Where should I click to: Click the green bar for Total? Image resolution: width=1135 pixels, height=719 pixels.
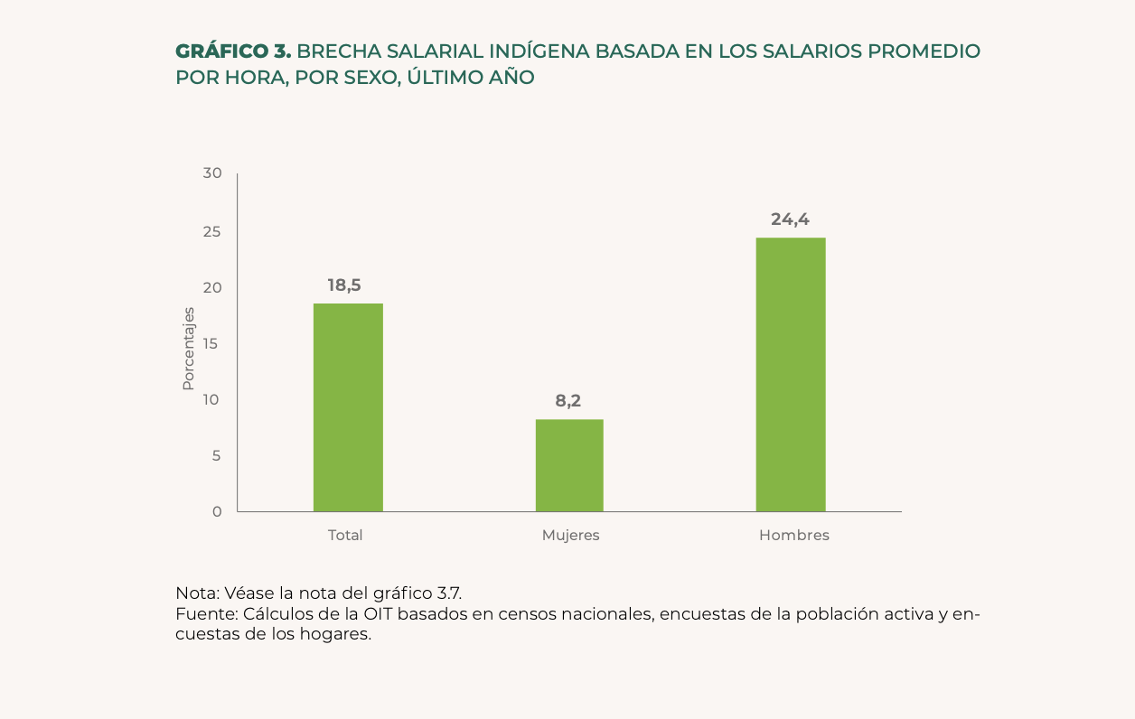(348, 407)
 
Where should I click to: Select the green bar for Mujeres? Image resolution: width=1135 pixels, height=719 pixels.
(569, 465)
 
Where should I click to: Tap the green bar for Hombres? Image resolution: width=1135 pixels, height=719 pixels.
(791, 375)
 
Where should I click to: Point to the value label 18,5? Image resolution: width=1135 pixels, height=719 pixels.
(344, 285)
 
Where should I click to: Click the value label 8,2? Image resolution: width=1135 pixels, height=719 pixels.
(567, 401)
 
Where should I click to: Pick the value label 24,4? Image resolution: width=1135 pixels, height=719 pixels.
(790, 219)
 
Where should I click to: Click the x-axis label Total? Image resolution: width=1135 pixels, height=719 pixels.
(345, 535)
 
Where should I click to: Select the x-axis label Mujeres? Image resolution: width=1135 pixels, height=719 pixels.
(570, 535)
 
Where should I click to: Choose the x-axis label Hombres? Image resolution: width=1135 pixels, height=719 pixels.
(793, 535)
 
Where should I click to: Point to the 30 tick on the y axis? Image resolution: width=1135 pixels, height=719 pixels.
(212, 173)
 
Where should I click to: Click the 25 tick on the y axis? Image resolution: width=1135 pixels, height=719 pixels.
(212, 231)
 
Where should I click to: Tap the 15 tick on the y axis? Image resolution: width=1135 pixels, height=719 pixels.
(212, 343)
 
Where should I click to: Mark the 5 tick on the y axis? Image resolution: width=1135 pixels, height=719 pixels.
(216, 455)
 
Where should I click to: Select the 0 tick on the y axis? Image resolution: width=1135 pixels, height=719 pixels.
(217, 511)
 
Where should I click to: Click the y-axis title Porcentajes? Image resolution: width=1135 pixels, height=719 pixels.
(188, 349)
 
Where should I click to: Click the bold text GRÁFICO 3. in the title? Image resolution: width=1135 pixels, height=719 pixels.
(233, 51)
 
